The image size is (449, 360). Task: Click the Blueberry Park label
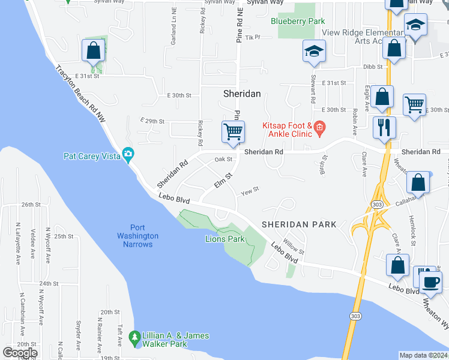pos(297,22)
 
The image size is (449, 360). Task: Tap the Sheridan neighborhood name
pos(242,94)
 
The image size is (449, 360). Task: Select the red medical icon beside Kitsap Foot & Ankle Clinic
pos(319,127)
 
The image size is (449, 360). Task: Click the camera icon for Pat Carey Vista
pos(127,154)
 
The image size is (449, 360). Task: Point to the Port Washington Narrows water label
pos(137,236)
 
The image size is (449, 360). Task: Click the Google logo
pos(20,352)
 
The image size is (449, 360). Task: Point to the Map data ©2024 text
pos(423,355)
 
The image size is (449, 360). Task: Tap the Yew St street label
pos(249,191)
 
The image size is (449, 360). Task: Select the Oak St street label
pos(223,159)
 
